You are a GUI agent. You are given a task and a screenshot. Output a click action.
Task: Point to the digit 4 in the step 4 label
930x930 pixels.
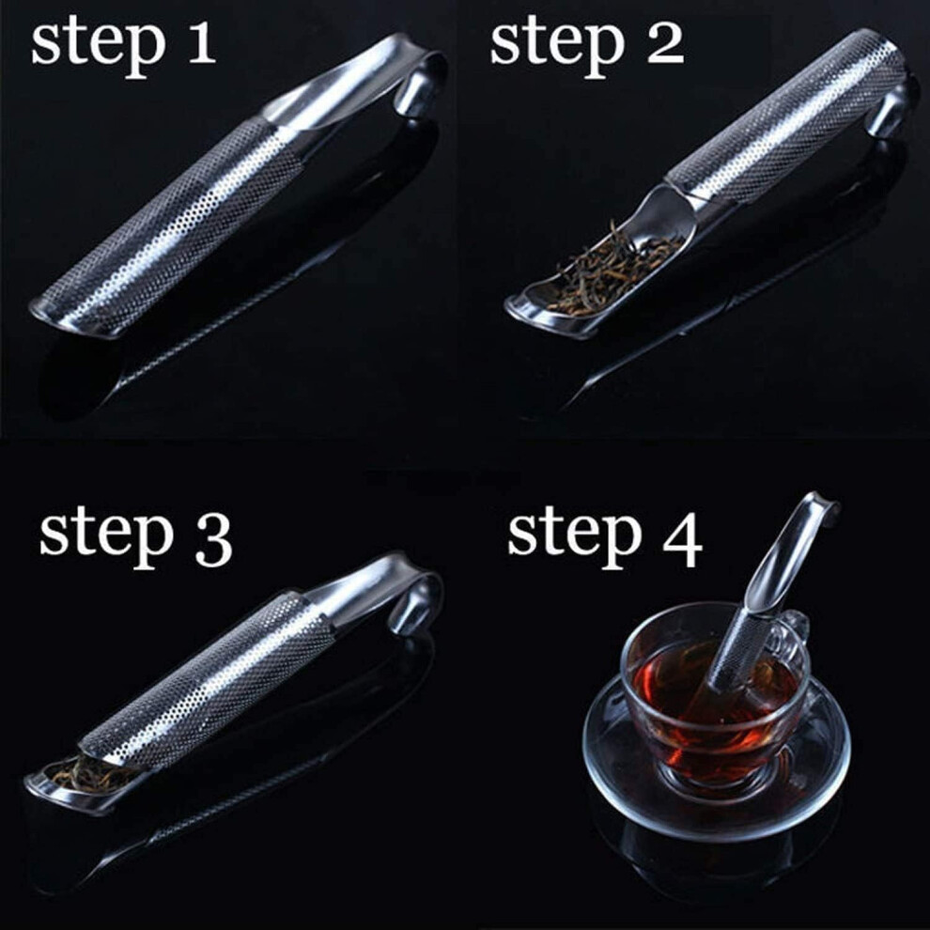point(683,540)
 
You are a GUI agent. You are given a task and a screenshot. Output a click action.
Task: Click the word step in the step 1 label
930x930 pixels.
point(99,48)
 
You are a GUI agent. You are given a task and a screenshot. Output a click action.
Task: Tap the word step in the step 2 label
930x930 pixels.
point(558,48)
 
